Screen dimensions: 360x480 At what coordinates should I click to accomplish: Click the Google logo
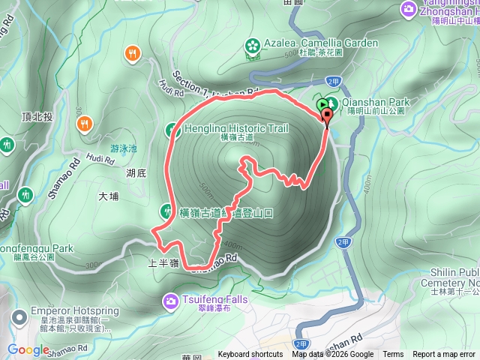28,350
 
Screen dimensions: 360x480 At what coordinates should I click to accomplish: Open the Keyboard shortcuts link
250,355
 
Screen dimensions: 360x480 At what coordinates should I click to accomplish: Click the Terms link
393,355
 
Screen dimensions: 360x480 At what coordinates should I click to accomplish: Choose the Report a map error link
444,355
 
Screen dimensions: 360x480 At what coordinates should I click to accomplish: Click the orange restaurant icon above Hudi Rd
133,52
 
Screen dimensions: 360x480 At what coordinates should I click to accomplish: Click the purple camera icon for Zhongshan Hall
409,8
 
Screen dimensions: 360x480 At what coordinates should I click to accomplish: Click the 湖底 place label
136,173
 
